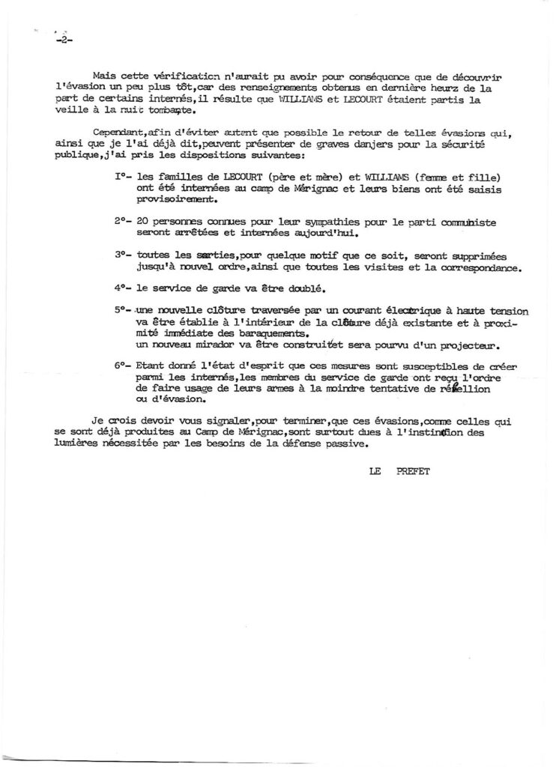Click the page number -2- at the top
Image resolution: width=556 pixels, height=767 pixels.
pos(64,40)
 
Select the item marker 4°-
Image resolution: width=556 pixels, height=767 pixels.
pos(124,287)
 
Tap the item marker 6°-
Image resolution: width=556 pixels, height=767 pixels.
pos(124,366)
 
